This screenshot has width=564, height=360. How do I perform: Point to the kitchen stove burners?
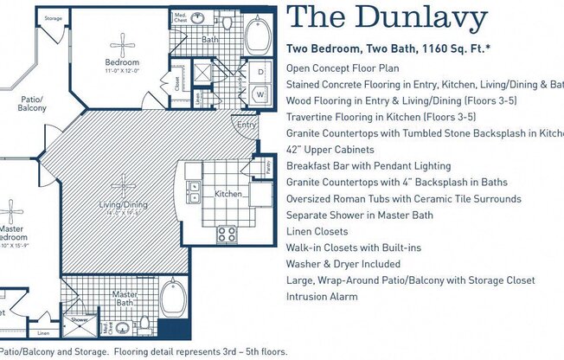[x=227, y=232]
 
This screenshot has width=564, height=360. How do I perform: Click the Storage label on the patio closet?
[x=53, y=18]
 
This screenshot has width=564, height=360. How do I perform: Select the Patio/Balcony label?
[x=34, y=105]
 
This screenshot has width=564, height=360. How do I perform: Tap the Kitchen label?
[x=228, y=194]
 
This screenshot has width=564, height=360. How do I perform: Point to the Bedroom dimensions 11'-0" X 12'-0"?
[x=121, y=72]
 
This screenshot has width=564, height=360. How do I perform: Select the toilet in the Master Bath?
[x=122, y=327]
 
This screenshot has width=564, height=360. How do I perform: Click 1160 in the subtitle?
[x=438, y=49]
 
